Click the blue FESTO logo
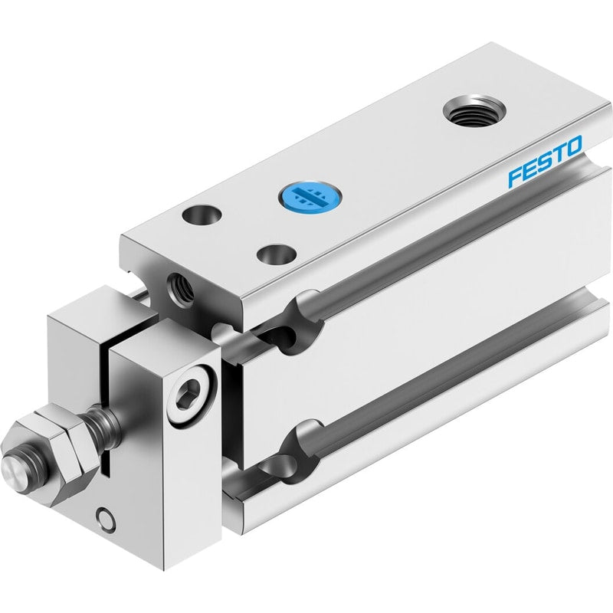pos(545,162)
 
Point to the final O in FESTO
pos(573,146)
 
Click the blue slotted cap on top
pos(310,195)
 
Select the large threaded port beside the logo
pos(474,110)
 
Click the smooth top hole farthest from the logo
pos(202,215)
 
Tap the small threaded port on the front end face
pos(180,287)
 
